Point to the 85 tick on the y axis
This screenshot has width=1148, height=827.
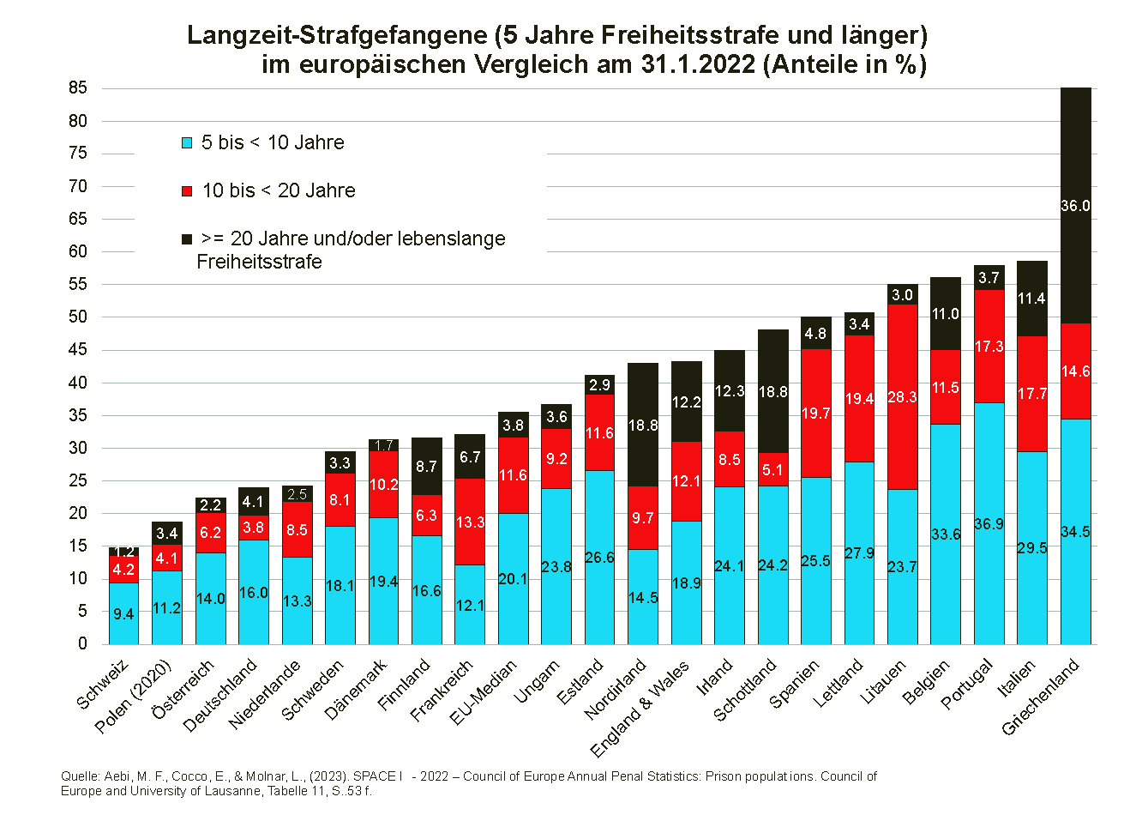78,88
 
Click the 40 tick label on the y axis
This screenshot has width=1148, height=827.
78,383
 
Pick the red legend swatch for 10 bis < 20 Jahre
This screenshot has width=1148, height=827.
187,191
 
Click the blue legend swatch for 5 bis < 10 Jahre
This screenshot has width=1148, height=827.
187,143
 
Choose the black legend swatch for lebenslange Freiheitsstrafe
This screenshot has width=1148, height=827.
187,239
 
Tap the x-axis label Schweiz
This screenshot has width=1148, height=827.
102,685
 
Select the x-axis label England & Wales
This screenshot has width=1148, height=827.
640,709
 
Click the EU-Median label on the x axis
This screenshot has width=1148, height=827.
484,693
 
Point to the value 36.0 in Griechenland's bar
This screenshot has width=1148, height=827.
1075,206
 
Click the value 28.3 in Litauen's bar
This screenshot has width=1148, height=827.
902,397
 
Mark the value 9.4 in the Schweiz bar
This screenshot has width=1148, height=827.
123,614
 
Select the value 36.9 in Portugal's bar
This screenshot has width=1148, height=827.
989,523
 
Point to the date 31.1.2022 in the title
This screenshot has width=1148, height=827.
698,64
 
